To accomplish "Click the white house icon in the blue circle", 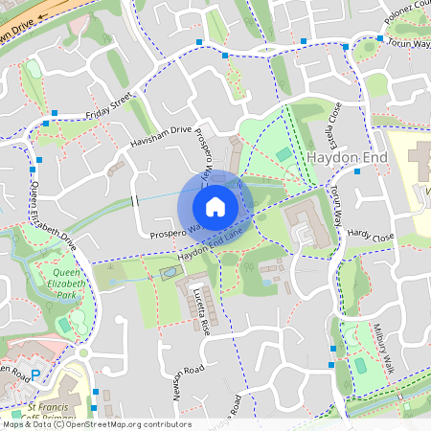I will point(215,207).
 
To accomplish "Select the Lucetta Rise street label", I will point(202,309).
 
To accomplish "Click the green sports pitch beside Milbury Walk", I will point(360,365).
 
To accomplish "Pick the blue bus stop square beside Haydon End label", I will point(356,171).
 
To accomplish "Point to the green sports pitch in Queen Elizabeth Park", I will point(63,326).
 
